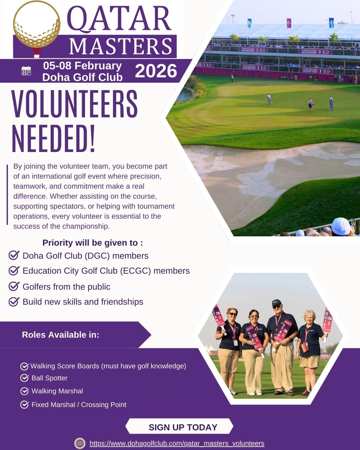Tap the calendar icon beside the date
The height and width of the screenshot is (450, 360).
point(26,71)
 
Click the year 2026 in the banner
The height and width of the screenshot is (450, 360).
point(156,71)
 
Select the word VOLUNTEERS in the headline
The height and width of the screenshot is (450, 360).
point(75,104)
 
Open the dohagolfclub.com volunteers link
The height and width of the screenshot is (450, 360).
point(177,443)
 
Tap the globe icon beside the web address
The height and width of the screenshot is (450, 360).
point(80,443)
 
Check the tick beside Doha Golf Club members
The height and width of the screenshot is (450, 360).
point(14,256)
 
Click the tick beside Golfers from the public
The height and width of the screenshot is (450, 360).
point(14,286)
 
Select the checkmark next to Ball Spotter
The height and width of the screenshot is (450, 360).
point(24,378)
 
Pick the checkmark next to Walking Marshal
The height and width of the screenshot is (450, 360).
point(24,391)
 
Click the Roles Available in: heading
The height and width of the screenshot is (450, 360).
point(61,335)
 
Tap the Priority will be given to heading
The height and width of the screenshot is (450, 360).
point(93,243)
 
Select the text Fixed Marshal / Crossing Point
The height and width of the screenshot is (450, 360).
point(79,405)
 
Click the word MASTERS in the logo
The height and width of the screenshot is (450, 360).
point(120,46)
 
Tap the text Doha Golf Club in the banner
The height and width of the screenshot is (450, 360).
point(82,77)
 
